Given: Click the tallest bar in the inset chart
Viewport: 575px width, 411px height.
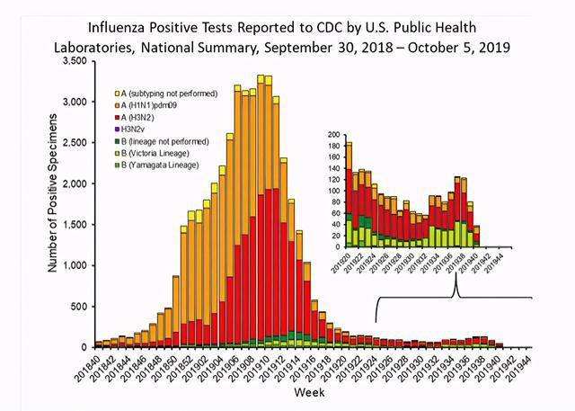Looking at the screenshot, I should click(349, 194).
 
